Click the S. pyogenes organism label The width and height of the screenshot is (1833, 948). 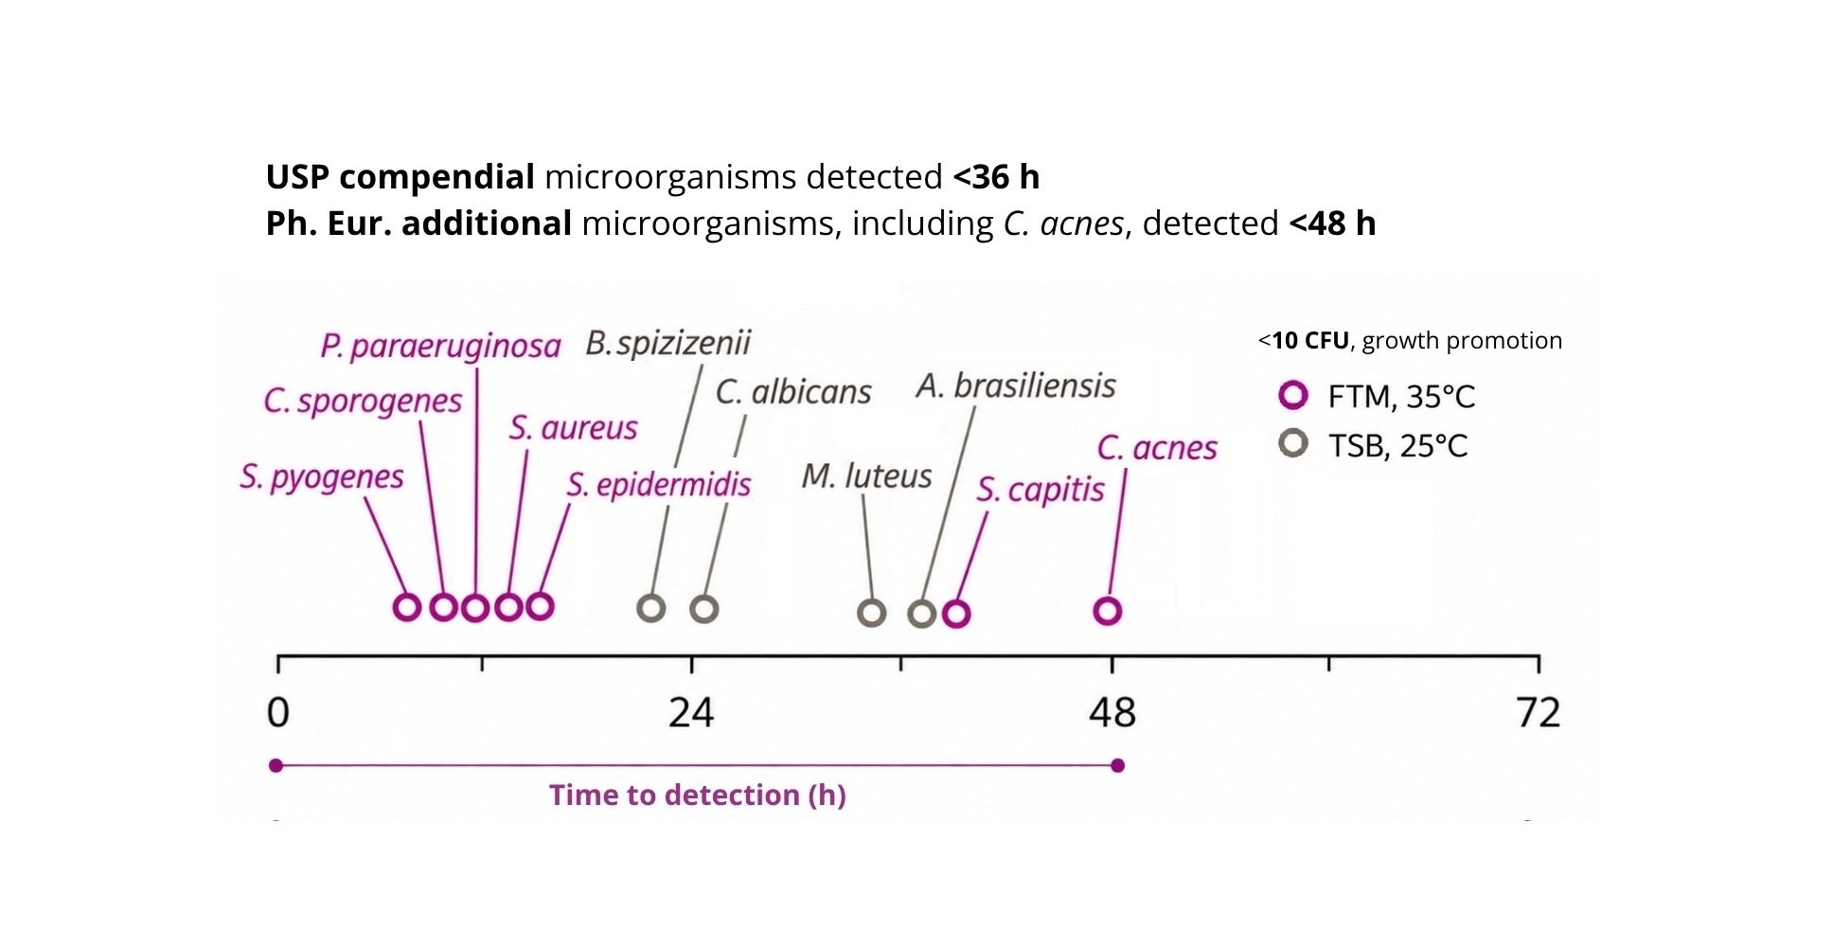tap(322, 476)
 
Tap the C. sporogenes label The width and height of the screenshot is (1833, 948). tap(363, 401)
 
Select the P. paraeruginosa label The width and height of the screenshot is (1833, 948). tap(440, 347)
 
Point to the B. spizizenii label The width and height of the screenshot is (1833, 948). tap(667, 343)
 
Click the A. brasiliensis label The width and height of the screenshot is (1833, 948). tap(1016, 386)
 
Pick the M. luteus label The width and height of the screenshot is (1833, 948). tap(867, 475)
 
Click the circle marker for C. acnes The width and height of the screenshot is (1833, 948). tap(1108, 611)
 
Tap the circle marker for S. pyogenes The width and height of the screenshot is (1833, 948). tap(407, 607)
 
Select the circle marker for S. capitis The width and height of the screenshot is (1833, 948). tap(957, 614)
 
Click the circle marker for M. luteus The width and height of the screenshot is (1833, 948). tap(872, 613)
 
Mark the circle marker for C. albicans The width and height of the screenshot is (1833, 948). tap(704, 608)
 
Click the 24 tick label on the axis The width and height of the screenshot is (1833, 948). tap(691, 712)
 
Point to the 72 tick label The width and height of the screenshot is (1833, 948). tap(1539, 712)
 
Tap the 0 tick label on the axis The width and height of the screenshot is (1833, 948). tap(277, 712)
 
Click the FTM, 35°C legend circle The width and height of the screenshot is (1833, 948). tap(1293, 395)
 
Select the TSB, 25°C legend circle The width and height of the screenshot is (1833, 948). tap(1293, 442)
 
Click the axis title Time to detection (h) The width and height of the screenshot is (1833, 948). tap(698, 795)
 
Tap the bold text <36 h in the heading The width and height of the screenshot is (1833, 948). tap(996, 177)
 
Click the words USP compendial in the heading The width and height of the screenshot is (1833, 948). tap(400, 177)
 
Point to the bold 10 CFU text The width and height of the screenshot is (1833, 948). tap(1310, 341)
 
